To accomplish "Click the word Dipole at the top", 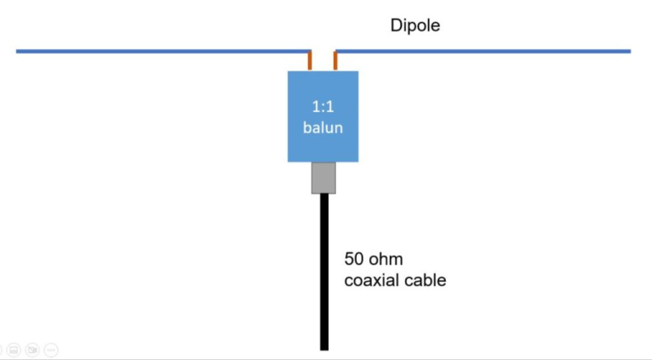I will click(x=415, y=25).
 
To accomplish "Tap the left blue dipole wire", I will click(x=161, y=51).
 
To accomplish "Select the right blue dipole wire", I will click(x=484, y=51).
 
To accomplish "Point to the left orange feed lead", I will click(x=310, y=61).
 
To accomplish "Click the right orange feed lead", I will click(x=336, y=61).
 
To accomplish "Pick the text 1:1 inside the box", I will click(x=323, y=108).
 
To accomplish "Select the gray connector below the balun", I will click(x=323, y=177).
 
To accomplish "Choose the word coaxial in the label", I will click(x=371, y=279).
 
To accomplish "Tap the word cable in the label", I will click(x=424, y=279).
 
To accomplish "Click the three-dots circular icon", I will click(x=51, y=349).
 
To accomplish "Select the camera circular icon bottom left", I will click(x=32, y=349).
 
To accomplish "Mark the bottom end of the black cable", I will click(x=323, y=346).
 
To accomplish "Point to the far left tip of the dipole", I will click(x=18, y=51).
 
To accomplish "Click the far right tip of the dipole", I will click(x=629, y=51).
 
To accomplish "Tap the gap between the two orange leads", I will click(x=323, y=58).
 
